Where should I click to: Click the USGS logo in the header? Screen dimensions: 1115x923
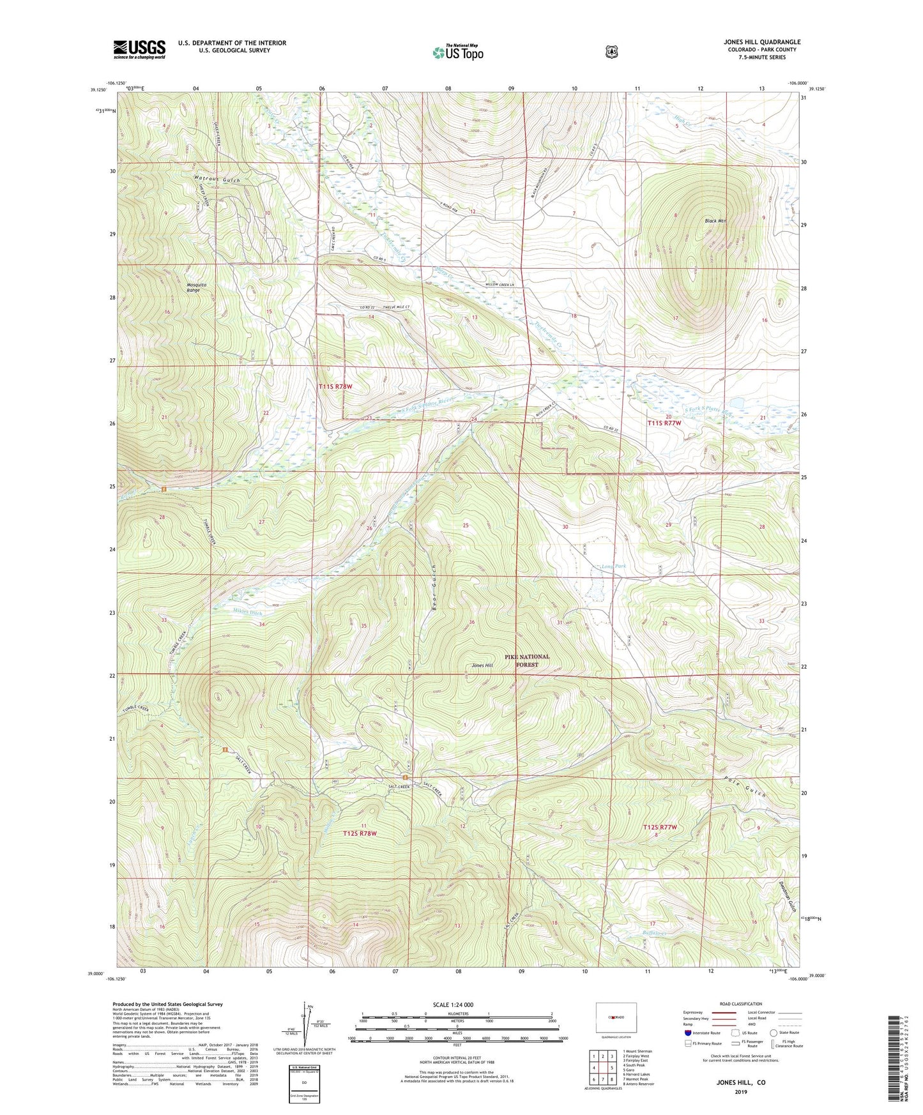tap(139, 49)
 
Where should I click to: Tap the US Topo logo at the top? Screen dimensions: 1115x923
tap(457, 52)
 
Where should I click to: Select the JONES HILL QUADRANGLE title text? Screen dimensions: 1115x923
tap(758, 42)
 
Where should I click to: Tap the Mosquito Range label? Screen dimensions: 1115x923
tap(194, 287)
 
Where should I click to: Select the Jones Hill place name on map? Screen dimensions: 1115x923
tap(482, 665)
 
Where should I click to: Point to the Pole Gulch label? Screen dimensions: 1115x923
tap(745, 787)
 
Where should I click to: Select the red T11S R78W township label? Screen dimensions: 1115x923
tap(335, 386)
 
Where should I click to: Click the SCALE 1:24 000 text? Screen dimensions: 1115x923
tap(453, 1005)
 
